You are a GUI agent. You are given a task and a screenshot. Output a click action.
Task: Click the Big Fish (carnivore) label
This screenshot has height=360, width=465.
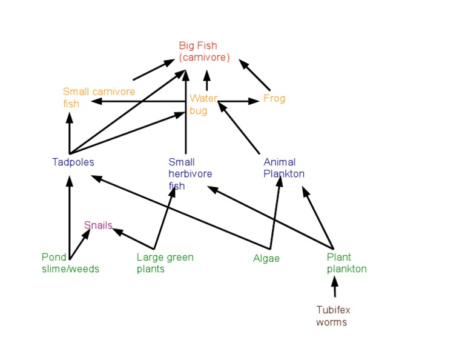point(205,52)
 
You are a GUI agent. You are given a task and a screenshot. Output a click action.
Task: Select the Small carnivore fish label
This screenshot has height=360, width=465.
point(99,98)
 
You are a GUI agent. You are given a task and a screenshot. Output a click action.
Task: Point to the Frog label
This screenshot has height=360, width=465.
point(274,98)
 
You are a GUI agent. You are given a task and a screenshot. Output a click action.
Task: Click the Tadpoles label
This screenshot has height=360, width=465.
point(73,162)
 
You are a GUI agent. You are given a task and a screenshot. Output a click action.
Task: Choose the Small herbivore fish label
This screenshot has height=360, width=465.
point(190,174)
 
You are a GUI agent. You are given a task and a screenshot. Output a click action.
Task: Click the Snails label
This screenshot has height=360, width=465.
point(98,225)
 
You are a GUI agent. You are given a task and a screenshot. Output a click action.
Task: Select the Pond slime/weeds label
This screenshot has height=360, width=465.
point(70,263)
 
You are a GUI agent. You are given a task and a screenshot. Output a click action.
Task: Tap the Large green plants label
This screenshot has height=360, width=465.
point(165,263)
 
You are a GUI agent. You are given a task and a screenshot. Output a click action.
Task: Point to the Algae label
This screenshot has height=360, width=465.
point(266,258)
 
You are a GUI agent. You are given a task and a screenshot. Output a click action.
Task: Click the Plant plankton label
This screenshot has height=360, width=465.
point(347,263)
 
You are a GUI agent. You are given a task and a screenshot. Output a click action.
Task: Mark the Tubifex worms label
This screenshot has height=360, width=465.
point(333,316)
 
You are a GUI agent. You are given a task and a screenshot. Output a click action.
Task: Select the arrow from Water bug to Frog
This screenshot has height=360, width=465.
point(239,101)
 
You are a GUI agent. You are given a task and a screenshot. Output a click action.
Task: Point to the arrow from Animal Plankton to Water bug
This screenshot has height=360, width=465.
point(239,128)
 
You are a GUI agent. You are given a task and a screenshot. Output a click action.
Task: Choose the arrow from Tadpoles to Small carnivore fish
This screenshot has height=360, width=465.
point(69,133)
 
